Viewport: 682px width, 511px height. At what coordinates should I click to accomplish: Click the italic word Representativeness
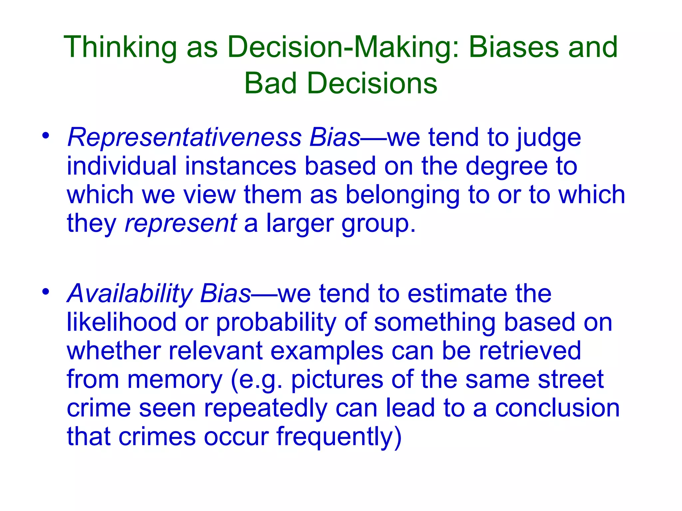point(184,137)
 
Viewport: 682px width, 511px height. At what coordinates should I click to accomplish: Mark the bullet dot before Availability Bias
point(46,292)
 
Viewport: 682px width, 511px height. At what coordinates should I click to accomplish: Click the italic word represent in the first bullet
point(181,224)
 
